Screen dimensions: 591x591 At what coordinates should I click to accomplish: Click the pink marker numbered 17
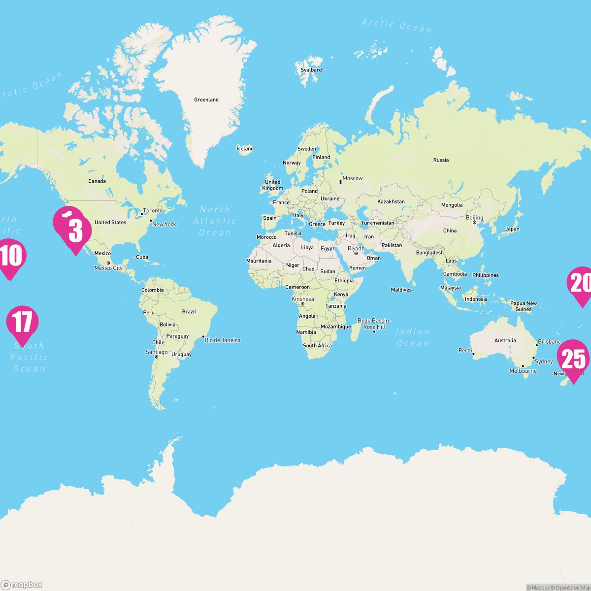(x=22, y=323)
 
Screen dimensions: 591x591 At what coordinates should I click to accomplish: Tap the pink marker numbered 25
(x=573, y=359)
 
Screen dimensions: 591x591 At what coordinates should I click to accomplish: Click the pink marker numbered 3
(x=75, y=231)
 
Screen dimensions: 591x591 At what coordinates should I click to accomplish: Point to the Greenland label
(x=206, y=100)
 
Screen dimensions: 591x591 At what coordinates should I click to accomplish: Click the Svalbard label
(x=311, y=70)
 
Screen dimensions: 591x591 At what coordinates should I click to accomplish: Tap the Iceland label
(x=245, y=149)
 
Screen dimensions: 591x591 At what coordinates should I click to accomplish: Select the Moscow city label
(x=352, y=178)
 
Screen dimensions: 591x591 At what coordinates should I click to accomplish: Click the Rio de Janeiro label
(x=222, y=340)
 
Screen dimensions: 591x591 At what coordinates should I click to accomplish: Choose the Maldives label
(x=401, y=290)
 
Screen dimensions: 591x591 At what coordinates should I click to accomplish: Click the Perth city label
(x=465, y=351)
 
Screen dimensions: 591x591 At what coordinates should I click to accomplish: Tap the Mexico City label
(x=108, y=268)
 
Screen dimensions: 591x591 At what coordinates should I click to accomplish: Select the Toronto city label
(x=153, y=211)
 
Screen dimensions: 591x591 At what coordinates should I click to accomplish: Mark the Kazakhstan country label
(x=391, y=202)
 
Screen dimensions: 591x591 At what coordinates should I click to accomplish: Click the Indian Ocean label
(x=412, y=337)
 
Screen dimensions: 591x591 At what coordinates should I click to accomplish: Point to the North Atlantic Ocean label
(x=215, y=221)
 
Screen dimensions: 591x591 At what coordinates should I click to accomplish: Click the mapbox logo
(x=22, y=585)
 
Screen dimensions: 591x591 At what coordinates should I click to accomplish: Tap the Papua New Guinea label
(x=524, y=306)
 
